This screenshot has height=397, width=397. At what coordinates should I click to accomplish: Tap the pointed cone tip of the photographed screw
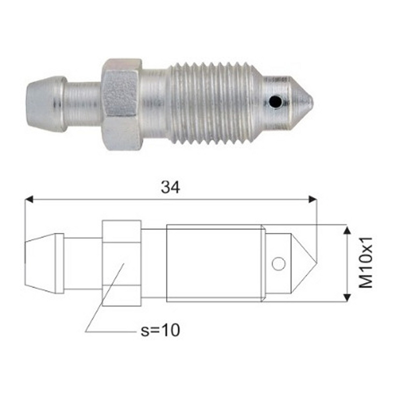(303, 103)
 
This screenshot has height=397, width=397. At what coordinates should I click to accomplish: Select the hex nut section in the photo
(122, 105)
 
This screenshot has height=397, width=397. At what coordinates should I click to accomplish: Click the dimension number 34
(170, 188)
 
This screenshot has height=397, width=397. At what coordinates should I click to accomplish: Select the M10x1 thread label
(366, 262)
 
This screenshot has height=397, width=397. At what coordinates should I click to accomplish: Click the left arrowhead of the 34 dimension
(29, 199)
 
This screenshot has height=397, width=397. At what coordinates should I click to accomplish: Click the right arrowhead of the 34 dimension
(312, 199)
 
